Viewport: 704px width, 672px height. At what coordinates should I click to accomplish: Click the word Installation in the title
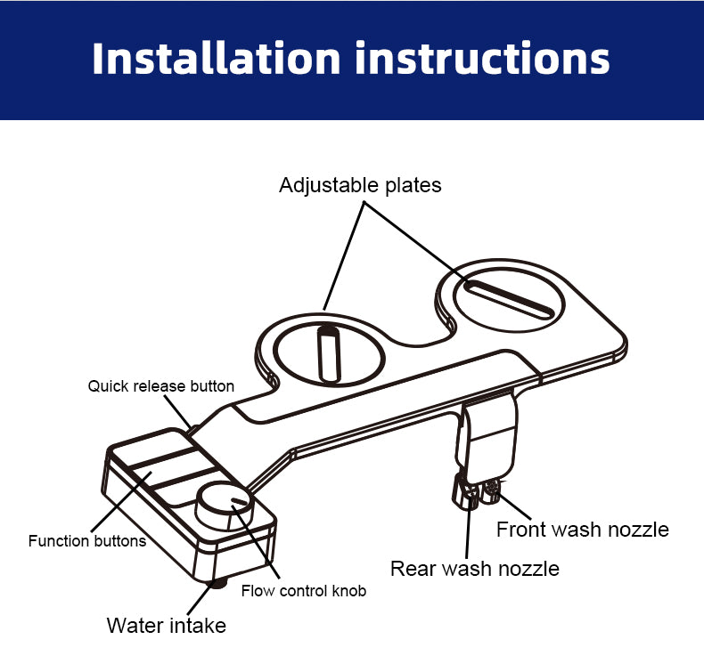[216, 58]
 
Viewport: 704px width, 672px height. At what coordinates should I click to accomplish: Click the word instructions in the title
[483, 58]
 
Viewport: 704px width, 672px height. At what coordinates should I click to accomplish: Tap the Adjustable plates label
[360, 185]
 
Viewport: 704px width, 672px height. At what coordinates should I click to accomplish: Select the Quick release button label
[160, 386]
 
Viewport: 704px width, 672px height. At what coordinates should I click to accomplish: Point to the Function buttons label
[87, 540]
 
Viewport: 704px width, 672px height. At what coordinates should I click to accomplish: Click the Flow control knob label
[304, 591]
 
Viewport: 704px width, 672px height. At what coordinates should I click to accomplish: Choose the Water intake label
[166, 626]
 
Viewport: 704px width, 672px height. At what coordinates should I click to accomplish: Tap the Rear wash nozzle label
[475, 569]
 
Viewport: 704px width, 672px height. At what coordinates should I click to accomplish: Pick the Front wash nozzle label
[582, 530]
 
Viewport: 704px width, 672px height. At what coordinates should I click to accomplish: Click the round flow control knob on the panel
[225, 506]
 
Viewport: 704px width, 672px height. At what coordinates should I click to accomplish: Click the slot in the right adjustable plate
[509, 300]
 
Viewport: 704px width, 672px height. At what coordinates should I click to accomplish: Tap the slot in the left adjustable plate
[329, 354]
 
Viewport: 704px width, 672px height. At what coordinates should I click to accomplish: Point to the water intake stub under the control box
[218, 583]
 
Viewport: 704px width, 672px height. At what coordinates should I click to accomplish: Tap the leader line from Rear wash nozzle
[468, 528]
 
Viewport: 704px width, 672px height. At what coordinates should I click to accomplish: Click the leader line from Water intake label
[201, 598]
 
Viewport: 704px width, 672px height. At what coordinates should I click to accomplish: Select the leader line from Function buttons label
[121, 502]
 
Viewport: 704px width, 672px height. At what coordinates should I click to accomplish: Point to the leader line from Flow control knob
[256, 541]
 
